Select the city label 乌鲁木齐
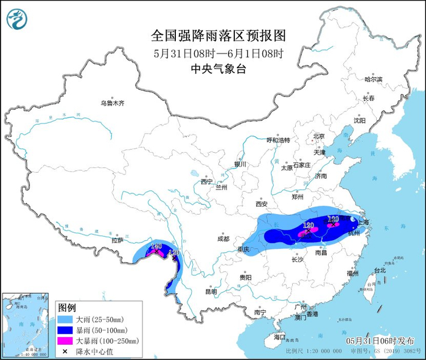(113, 103)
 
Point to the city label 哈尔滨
(373, 80)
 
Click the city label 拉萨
(117, 240)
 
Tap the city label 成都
(223, 239)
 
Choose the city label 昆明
(211, 291)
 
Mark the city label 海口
(279, 336)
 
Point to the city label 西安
(262, 204)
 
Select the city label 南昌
(322, 252)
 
